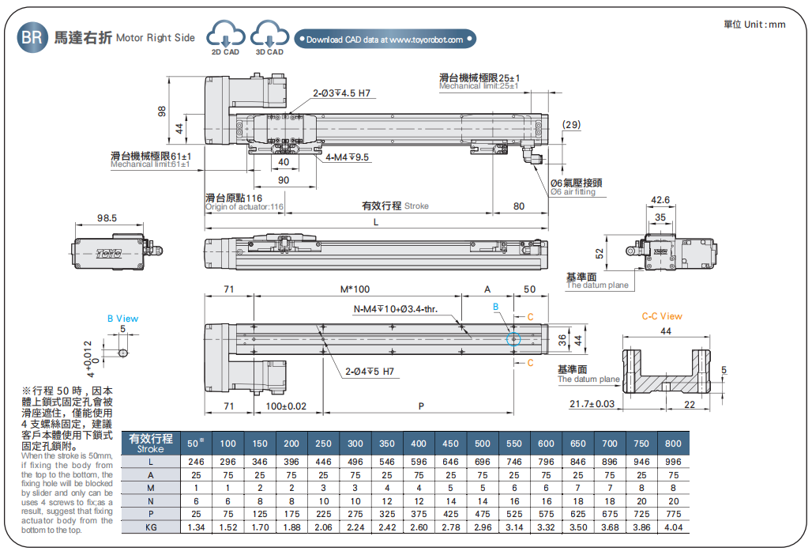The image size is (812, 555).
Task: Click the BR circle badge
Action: click(32, 38)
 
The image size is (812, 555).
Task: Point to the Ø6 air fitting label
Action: click(576, 187)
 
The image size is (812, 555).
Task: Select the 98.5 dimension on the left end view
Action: click(107, 218)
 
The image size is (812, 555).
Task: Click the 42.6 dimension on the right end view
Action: click(660, 200)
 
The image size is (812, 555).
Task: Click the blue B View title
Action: click(122, 319)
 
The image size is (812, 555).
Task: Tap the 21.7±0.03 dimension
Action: click(592, 404)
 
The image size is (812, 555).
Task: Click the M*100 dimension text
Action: click(355, 289)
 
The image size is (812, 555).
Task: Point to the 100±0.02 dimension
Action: click(286, 406)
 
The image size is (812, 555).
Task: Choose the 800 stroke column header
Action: click(673, 444)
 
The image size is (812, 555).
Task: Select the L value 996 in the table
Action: click(673, 462)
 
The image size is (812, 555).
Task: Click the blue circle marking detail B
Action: click(513, 338)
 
